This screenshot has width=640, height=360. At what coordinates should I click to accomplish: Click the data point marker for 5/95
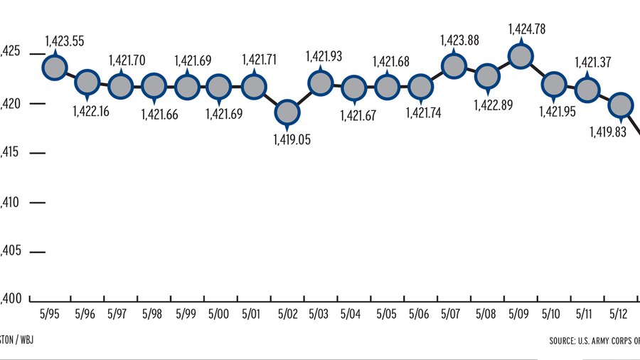(54, 67)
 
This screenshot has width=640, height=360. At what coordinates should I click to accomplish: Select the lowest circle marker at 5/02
(287, 111)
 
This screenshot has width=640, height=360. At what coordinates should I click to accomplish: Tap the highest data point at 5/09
(521, 57)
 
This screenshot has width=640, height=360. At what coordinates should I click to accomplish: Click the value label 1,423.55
(64, 41)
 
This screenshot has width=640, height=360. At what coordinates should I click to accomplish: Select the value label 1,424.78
(530, 30)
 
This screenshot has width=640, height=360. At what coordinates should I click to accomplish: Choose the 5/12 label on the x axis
(619, 314)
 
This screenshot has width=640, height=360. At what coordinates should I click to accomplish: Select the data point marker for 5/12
(620, 104)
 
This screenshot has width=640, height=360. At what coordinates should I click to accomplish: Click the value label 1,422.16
(95, 111)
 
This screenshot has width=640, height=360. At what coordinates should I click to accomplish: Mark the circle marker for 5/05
(387, 87)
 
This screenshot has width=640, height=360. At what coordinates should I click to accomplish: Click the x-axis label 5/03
(319, 314)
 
